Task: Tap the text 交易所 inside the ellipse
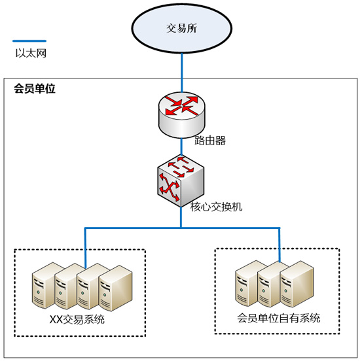[x=181, y=28]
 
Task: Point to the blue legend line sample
[x=29, y=41]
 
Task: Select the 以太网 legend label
[x=31, y=53]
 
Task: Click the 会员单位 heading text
[x=35, y=88]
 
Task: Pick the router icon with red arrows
[x=181, y=114]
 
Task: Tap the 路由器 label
[x=210, y=140]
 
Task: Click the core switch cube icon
[x=181, y=180]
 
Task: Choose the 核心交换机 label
[x=216, y=207]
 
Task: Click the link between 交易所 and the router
[x=182, y=73]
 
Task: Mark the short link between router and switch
[x=181, y=146]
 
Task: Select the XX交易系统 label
[x=77, y=320]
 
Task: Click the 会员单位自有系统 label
[x=279, y=318]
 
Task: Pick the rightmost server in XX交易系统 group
[x=115, y=288]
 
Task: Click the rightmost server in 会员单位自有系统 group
[x=297, y=284]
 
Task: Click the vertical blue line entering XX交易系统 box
[x=85, y=249]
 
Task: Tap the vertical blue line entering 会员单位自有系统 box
[x=279, y=245]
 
